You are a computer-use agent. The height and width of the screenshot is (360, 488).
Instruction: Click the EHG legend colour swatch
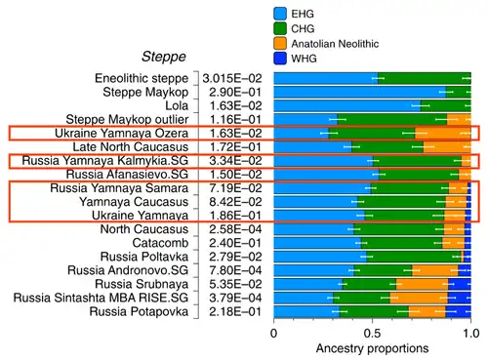(280, 14)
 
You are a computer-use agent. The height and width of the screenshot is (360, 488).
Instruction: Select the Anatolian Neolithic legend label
(335, 44)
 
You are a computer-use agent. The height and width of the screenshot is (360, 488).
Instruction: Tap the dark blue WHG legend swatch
(280, 59)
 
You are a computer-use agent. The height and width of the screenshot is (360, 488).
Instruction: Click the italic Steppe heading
(164, 57)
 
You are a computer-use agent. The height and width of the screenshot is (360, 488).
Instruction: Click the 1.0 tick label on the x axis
(470, 334)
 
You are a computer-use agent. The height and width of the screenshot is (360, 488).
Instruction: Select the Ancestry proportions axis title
(372, 348)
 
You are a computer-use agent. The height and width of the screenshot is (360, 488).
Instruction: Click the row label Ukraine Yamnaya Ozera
(121, 134)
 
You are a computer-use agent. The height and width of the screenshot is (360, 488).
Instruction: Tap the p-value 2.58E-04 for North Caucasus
(235, 229)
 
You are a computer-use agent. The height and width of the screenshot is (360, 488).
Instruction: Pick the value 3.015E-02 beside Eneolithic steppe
(232, 78)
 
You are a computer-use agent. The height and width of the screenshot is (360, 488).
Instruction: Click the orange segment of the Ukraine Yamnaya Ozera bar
(443, 134)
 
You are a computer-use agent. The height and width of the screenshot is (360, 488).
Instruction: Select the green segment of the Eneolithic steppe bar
(425, 78)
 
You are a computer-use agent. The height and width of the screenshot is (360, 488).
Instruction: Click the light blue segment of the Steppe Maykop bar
(360, 92)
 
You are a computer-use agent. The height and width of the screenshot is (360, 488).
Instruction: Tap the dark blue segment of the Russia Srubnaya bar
(460, 284)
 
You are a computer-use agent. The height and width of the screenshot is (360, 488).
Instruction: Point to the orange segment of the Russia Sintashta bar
(419, 298)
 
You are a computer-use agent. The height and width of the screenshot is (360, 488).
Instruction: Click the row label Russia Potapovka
(139, 311)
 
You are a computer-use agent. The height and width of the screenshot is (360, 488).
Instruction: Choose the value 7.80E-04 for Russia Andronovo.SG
(235, 270)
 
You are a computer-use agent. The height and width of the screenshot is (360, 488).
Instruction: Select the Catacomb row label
(160, 243)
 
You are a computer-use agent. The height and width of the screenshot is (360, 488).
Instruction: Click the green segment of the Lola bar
(445, 105)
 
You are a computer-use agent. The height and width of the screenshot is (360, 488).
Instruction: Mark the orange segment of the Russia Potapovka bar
(427, 311)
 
